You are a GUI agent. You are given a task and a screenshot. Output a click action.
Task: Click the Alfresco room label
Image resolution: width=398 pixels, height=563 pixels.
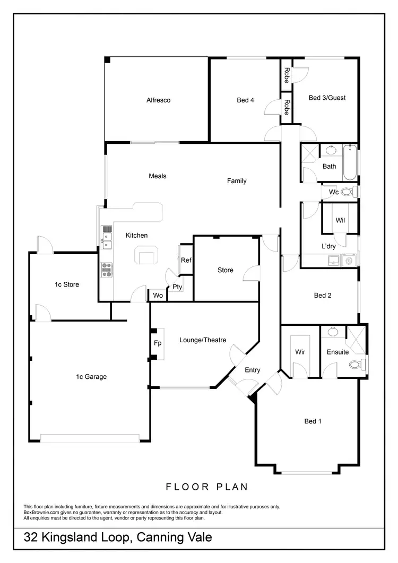158,100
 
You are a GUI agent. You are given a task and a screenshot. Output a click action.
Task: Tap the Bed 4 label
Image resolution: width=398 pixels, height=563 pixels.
245,100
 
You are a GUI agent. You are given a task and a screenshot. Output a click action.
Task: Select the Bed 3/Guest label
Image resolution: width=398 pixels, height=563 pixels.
327,98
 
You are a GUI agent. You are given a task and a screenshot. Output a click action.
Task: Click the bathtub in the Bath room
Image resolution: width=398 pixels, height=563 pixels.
350,163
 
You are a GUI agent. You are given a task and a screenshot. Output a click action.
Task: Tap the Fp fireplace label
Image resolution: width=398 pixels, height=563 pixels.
158,343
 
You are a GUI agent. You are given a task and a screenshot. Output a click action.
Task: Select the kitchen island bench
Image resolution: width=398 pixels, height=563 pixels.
148,256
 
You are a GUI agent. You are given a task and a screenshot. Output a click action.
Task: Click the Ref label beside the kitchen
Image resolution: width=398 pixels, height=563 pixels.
186,260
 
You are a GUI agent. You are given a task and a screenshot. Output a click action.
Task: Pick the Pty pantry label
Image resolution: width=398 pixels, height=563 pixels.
177,287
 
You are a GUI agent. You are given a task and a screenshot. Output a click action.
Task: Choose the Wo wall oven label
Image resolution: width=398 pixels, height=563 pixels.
158,296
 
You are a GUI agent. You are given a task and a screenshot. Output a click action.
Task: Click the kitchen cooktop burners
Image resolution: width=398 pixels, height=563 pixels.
107,270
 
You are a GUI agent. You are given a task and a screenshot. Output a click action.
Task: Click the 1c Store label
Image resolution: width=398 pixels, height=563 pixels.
67,284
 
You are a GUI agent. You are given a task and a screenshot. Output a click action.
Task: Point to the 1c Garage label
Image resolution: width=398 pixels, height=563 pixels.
91,377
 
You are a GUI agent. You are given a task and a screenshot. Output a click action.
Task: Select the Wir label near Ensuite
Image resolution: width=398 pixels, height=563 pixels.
300,352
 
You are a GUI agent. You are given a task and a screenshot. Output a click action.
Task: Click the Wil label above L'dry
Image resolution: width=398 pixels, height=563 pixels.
340,220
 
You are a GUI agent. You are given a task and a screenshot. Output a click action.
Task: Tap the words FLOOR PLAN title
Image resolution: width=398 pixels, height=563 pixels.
207,486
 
